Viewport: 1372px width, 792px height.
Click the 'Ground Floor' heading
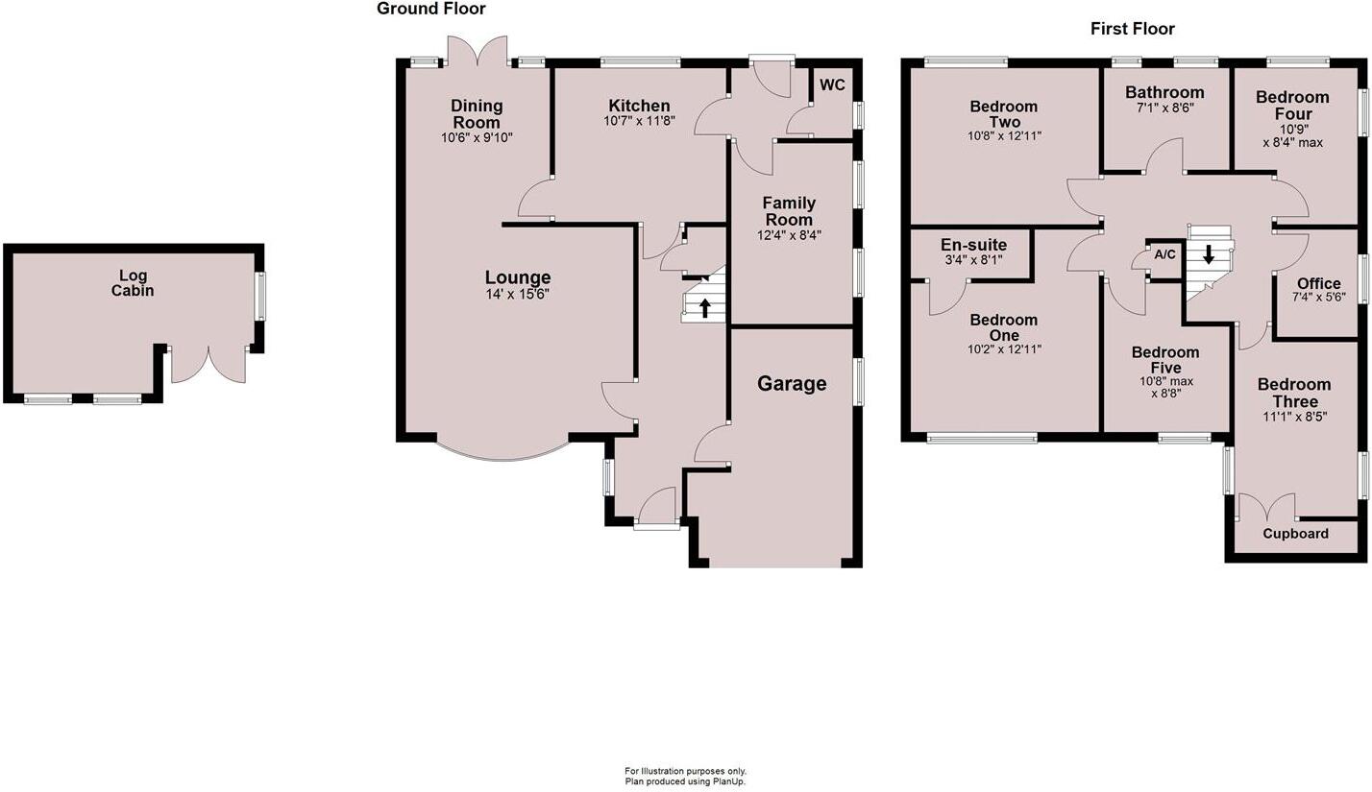click(x=430, y=9)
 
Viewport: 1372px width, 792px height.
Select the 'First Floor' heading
click(x=1132, y=29)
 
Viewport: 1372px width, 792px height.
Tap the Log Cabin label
click(x=133, y=283)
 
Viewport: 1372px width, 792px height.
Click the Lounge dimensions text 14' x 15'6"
click(x=517, y=295)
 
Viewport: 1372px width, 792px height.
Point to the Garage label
click(x=792, y=384)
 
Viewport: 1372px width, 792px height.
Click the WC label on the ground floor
click(x=832, y=84)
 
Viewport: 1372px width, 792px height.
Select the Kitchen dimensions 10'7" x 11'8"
click(x=639, y=121)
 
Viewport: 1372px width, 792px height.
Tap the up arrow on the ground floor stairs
click(x=705, y=308)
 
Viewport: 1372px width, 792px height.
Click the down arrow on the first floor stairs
click(x=1209, y=255)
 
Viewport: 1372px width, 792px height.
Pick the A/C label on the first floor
click(x=1164, y=254)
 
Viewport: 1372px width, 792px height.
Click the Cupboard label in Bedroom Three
click(x=1295, y=534)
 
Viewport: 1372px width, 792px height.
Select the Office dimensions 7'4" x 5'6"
click(x=1318, y=299)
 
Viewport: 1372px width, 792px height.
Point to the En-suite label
click(x=973, y=245)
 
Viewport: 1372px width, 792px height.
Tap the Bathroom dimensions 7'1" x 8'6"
click(x=1164, y=108)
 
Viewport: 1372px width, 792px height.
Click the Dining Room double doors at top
click(x=478, y=50)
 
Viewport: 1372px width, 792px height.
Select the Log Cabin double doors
click(x=208, y=365)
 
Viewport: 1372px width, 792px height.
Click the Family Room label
click(x=789, y=211)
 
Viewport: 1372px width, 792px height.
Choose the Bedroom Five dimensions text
click(x=1166, y=387)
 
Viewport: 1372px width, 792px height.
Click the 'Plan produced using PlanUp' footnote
click(x=685, y=781)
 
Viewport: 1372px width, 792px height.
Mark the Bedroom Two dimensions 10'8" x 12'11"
click(x=1003, y=135)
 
